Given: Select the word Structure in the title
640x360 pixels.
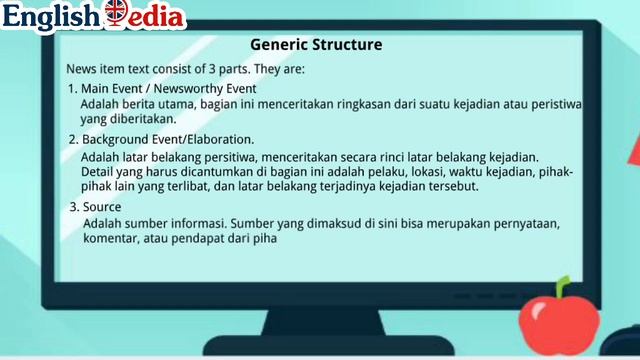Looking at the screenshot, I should tap(346, 45).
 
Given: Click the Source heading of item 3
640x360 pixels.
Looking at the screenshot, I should tap(102, 207).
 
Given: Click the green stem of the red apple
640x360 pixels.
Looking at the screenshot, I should tap(563, 288).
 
